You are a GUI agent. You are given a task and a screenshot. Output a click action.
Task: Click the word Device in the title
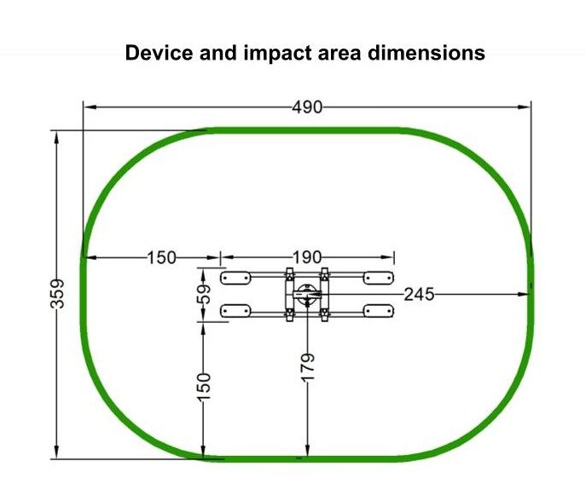(160, 53)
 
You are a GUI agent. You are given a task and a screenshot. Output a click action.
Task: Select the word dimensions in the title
(426, 53)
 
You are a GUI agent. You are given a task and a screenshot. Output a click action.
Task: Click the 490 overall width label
(307, 107)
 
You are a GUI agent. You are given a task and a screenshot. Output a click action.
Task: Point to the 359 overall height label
(57, 293)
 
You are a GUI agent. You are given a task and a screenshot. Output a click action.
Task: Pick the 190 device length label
(306, 257)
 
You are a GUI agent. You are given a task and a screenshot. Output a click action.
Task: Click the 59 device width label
(204, 294)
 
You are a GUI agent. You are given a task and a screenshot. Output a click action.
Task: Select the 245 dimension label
(420, 294)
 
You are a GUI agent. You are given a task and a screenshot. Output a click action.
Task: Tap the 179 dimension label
(308, 368)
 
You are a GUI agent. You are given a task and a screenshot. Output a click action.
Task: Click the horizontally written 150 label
(161, 257)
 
